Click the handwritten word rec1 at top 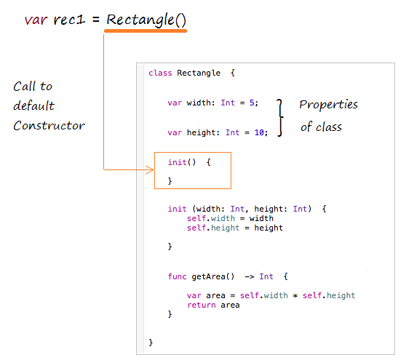[69, 20]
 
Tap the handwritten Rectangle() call [146, 20]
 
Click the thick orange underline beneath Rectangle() [146, 31]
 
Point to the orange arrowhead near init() [149, 169]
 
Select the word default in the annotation [34, 105]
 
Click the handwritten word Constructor [49, 126]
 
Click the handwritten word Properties [329, 105]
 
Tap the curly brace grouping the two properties [280, 118]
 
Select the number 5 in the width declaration [252, 103]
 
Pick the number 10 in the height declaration [259, 132]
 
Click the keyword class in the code [160, 73]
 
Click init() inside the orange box [182, 162]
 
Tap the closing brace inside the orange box [170, 180]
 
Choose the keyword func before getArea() [177, 276]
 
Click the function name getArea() [213, 276]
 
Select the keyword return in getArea [202, 305]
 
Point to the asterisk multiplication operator [295, 295]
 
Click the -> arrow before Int [250, 276]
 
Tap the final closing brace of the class [151, 343]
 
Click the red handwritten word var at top [36, 20]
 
